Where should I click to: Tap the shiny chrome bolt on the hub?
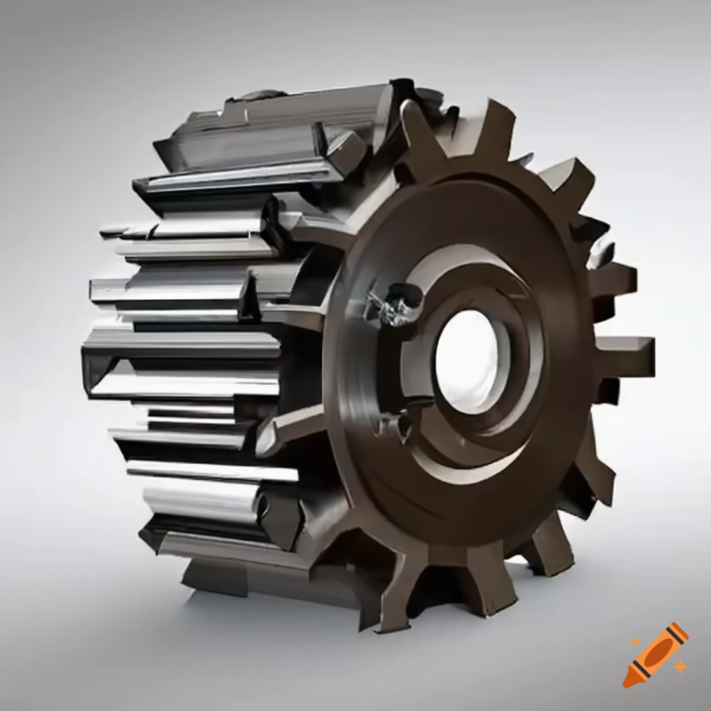click(396, 304)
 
